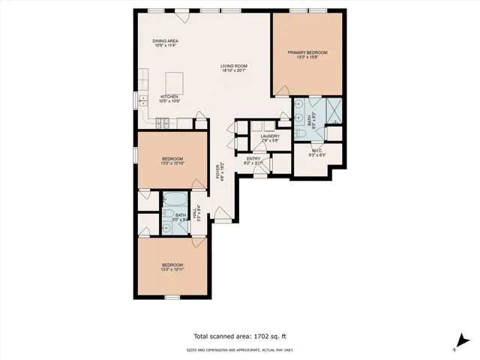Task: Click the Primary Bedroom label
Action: [x=307, y=52]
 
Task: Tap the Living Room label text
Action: [x=234, y=66]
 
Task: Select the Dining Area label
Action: [x=165, y=42]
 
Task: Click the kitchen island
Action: [x=174, y=81]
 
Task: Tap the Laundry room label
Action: [x=270, y=136]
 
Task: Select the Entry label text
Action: [x=253, y=158]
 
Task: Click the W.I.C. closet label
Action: [x=317, y=151]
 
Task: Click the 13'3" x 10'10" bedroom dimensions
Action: [x=173, y=163]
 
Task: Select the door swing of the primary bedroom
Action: [x=282, y=91]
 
